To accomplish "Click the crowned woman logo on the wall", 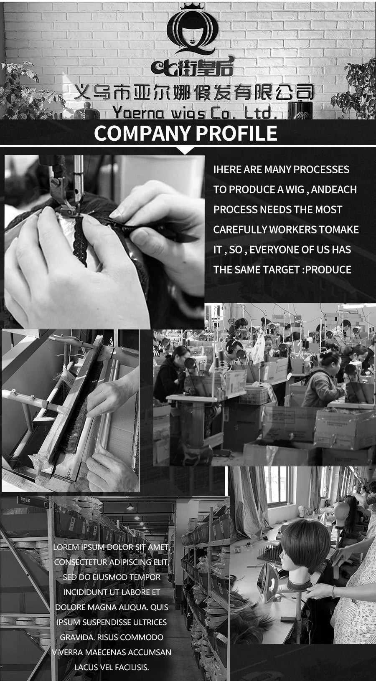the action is click(192, 29).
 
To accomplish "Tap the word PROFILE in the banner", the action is click(236, 133).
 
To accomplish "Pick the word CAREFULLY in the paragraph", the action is click(240, 230).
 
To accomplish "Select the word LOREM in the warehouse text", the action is click(66, 547).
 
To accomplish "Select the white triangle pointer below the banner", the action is click(185, 150).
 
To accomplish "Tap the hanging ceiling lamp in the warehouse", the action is click(130, 506).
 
